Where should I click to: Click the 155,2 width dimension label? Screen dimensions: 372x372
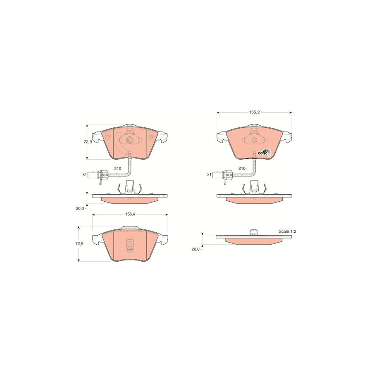click(x=254, y=112)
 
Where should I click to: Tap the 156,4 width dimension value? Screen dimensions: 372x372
click(x=130, y=214)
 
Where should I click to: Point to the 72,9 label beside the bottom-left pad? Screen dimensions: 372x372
click(x=79, y=243)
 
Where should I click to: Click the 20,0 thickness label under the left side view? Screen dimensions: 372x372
click(x=80, y=209)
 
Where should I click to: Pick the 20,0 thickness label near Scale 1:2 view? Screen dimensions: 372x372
click(x=196, y=249)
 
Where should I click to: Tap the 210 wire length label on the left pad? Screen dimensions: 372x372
click(x=118, y=169)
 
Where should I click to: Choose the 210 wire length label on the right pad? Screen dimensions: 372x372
click(x=242, y=168)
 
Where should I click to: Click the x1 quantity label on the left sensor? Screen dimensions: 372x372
click(x=84, y=174)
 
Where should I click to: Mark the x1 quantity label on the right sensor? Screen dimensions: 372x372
click(x=209, y=174)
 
